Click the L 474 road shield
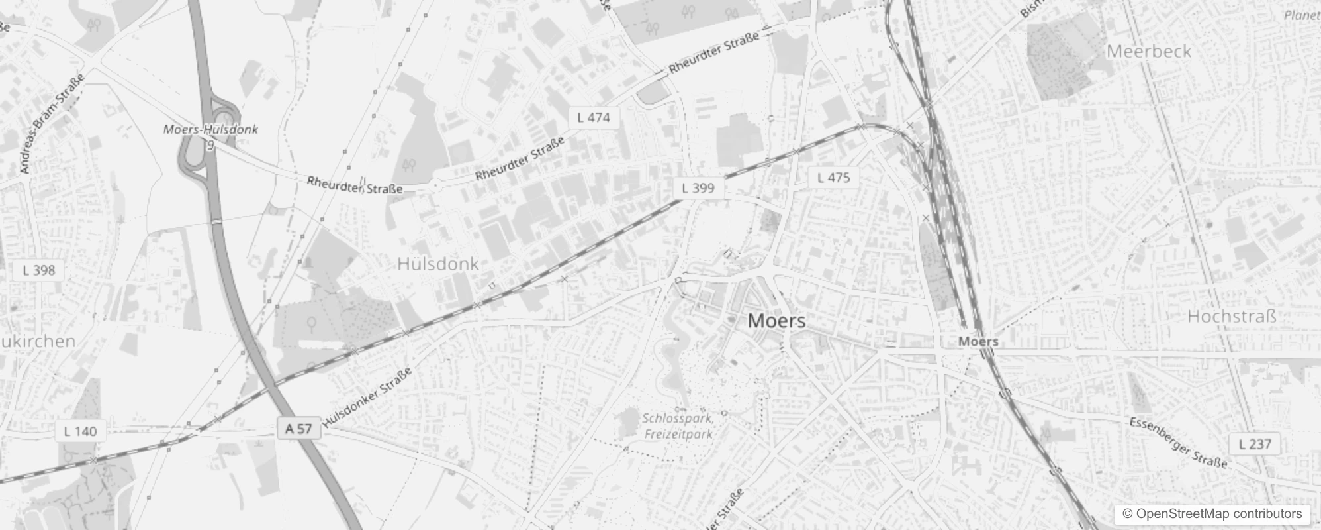coord(593,118)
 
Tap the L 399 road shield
coord(698,188)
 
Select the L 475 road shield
coord(833,178)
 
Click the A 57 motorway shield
coord(298,429)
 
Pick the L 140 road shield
coord(80,432)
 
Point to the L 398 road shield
coord(39,270)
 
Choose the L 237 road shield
coord(1254,444)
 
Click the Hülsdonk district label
coord(437,264)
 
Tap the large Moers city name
coord(776,321)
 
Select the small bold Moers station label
coord(978,342)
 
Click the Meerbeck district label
coord(1148,52)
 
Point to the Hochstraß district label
coord(1231,317)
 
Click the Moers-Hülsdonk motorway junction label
coord(210,130)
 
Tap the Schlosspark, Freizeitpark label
coord(678,426)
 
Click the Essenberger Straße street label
coord(1178,443)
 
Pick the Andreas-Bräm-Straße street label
coord(53,124)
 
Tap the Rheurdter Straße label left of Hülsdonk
coord(354,184)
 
